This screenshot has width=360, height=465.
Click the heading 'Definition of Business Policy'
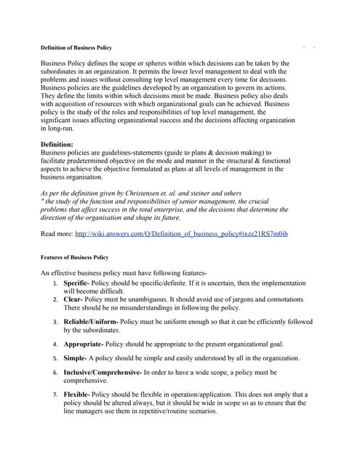tap(76, 48)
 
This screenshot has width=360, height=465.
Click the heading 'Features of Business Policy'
tap(74, 257)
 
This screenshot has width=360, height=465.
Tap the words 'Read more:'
tap(57, 234)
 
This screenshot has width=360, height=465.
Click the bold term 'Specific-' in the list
tap(76, 282)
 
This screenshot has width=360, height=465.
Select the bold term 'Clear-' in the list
tap(73, 299)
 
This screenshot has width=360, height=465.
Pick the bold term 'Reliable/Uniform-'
tap(91, 321)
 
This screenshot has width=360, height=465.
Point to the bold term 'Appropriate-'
tap(84, 344)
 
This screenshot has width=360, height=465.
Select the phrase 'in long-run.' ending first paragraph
tap(59, 128)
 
